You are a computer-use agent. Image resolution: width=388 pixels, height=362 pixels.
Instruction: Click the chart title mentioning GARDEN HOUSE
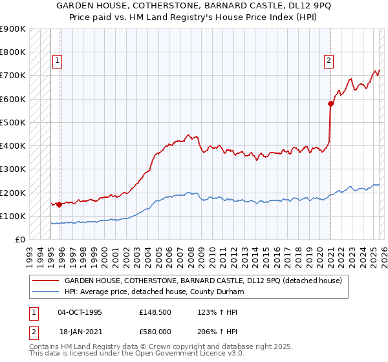click(x=194, y=8)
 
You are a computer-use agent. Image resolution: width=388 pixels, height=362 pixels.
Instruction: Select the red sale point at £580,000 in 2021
click(x=330, y=103)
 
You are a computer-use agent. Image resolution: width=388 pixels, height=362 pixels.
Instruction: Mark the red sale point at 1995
click(x=59, y=204)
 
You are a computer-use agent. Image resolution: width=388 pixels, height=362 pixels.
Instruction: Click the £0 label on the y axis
click(x=19, y=239)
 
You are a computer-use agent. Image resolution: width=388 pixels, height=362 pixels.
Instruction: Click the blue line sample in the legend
click(x=46, y=292)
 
